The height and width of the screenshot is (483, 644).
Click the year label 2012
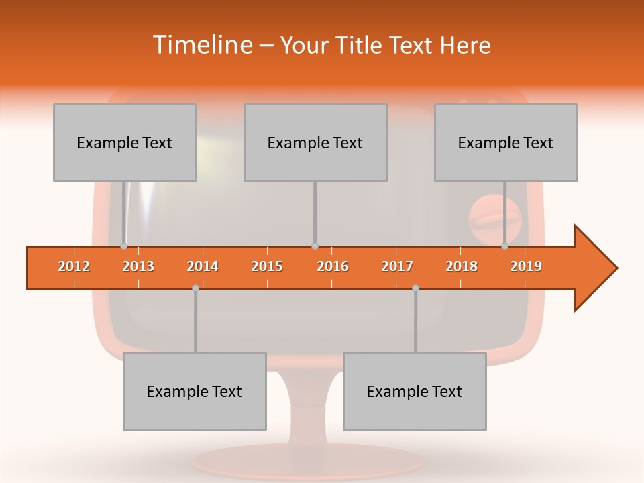(74, 266)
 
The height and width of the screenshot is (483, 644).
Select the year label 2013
(138, 266)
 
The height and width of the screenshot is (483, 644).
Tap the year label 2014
(203, 266)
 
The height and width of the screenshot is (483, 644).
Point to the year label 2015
(267, 266)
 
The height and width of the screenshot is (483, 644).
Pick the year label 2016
(333, 266)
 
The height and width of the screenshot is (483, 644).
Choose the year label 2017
(397, 266)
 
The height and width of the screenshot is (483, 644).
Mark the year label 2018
(462, 266)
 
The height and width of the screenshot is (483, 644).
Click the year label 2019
(526, 266)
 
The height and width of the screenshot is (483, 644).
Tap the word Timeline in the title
(202, 45)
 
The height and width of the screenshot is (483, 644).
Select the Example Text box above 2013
(125, 142)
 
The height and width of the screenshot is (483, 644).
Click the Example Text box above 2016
(315, 142)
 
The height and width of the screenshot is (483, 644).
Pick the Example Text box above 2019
(506, 142)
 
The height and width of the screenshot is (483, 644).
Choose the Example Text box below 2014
(195, 391)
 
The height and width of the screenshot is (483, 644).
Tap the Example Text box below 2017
(415, 391)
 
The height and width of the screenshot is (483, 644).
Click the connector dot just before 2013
(123, 246)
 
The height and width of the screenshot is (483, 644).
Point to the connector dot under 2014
(195, 288)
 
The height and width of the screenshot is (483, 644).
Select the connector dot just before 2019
(504, 246)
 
